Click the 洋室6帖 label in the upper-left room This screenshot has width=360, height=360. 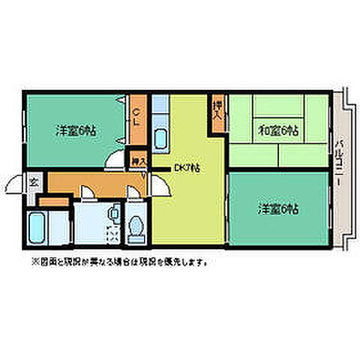(x=74, y=128)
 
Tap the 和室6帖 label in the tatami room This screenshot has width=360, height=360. (x=278, y=129)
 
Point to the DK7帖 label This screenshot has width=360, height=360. (x=187, y=167)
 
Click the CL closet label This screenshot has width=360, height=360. (x=137, y=118)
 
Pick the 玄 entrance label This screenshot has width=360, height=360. (x=34, y=181)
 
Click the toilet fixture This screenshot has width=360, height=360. (x=136, y=228)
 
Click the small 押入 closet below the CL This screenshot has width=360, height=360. (x=137, y=159)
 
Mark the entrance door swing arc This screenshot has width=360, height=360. (x=16, y=182)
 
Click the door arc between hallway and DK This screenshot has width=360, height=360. (x=152, y=181)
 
